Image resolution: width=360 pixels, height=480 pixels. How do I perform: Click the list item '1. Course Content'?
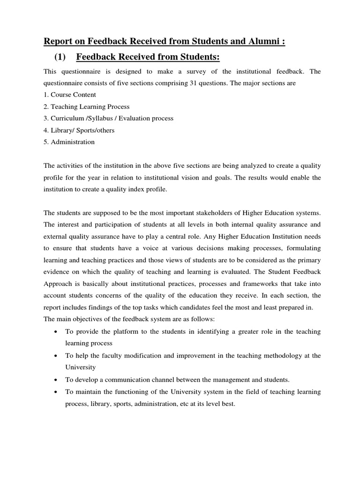click(x=70, y=95)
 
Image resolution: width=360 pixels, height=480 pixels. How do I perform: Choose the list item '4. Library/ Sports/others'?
click(x=79, y=130)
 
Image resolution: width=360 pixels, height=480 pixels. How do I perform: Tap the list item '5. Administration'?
click(x=69, y=142)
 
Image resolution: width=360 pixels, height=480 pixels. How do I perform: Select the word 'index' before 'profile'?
click(x=141, y=190)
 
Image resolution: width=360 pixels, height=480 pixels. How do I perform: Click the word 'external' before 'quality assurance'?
click(x=56, y=237)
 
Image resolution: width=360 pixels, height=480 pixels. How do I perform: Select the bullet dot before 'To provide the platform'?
click(x=56, y=331)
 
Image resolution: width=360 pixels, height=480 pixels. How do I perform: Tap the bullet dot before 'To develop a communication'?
click(x=56, y=379)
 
